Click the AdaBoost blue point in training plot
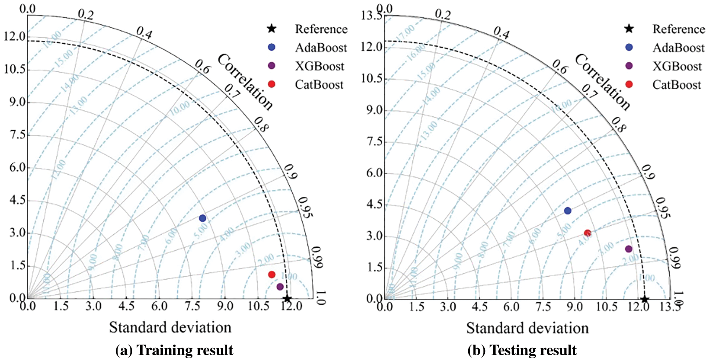202,218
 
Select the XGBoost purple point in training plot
280,287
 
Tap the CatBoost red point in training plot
272,274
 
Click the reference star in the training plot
288,299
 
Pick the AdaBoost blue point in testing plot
568,211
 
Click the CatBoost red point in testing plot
588,233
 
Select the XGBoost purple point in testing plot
629,249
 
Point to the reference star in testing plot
645,299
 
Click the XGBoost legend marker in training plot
272,66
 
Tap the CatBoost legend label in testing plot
676,85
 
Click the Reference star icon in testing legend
629,29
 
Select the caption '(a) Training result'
174,350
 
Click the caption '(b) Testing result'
522,350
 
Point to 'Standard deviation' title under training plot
170,327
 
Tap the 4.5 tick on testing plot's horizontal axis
480,306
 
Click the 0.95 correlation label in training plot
305,207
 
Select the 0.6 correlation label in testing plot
559,67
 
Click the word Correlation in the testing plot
603,82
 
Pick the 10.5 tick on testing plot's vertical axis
372,78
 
